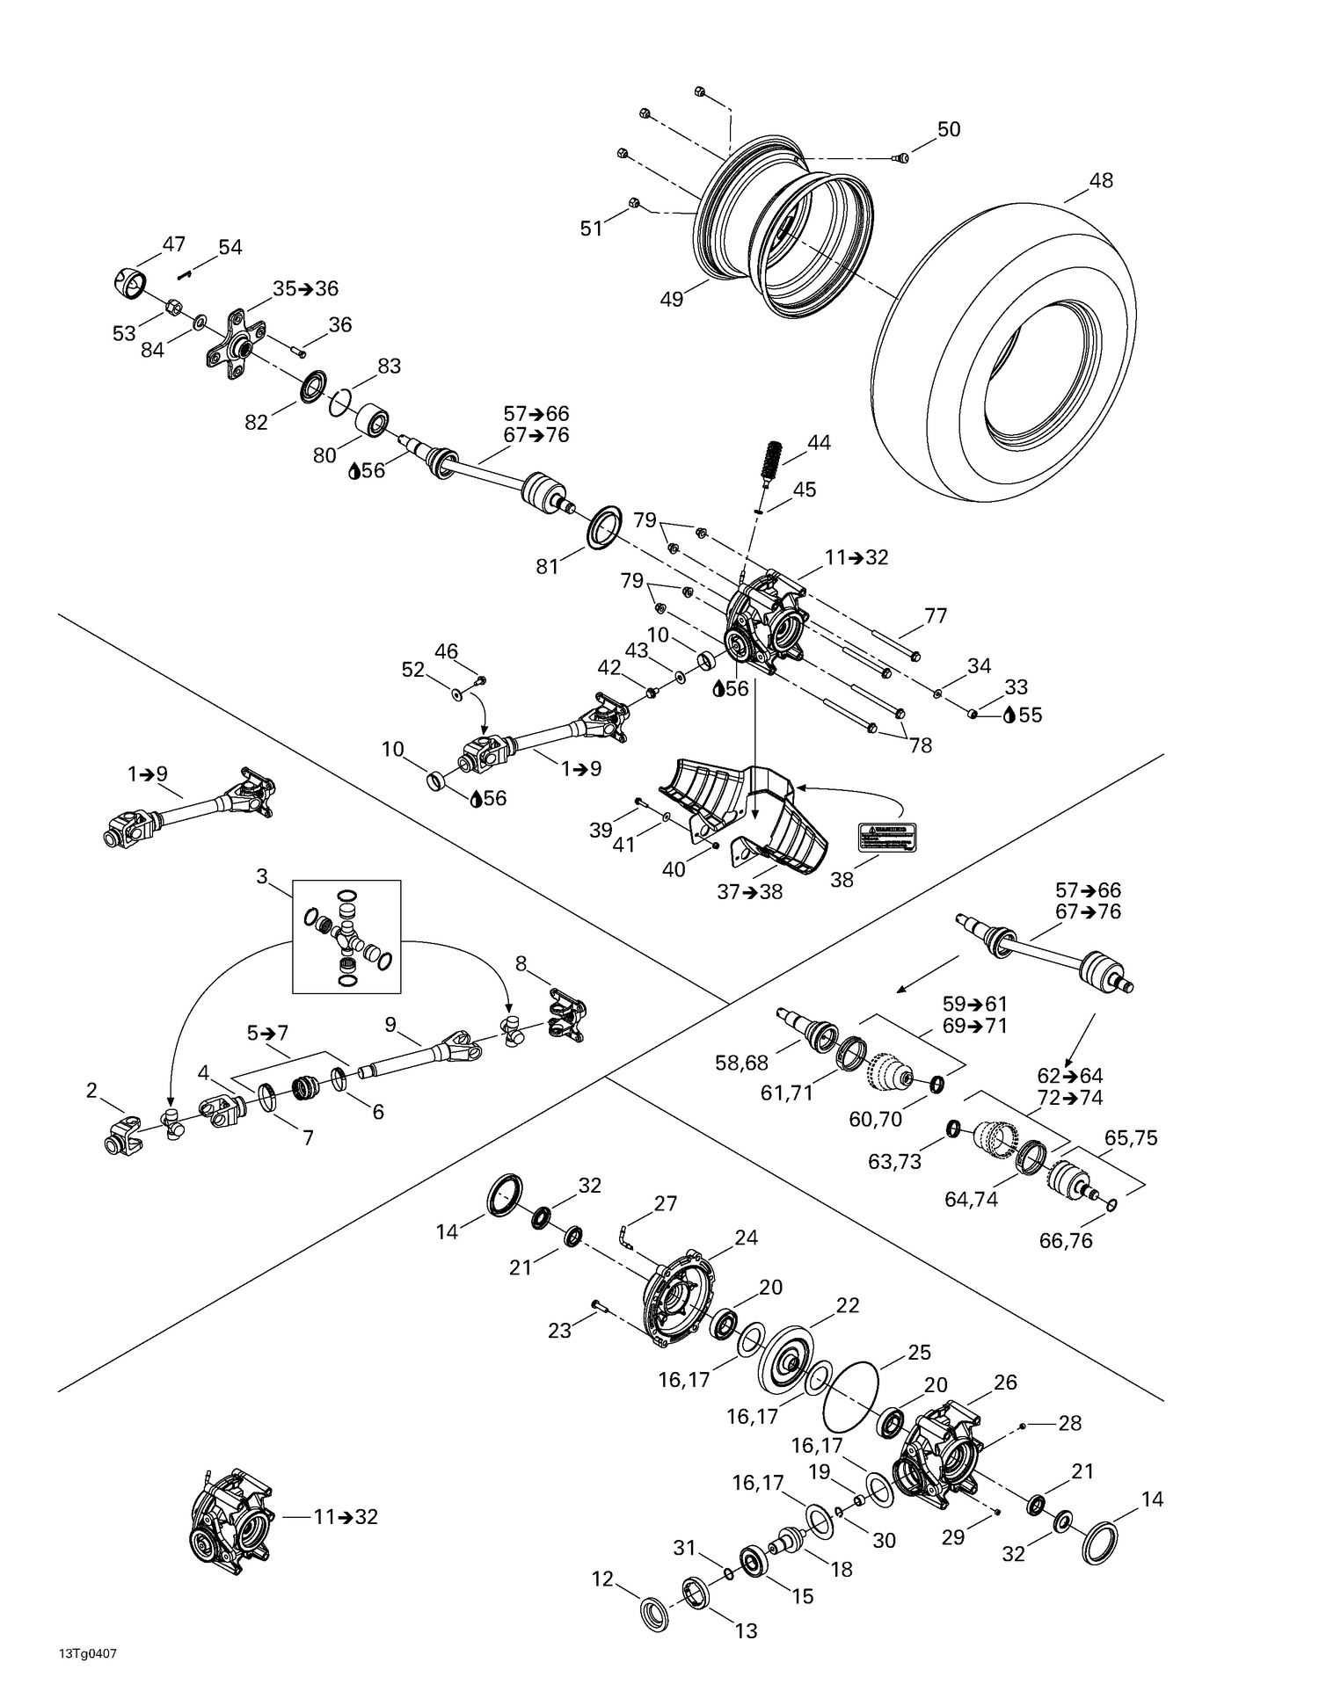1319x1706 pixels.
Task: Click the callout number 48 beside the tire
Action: click(1101, 180)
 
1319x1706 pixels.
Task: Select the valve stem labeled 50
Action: click(899, 158)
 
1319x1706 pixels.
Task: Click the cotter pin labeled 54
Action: click(184, 275)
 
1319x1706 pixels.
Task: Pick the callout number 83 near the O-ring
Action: click(389, 366)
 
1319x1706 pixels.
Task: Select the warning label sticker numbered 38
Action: click(887, 836)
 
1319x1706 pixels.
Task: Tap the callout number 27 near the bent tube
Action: click(666, 1203)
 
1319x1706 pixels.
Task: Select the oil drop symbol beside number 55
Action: click(1009, 715)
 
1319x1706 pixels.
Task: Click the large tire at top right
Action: click(1002, 352)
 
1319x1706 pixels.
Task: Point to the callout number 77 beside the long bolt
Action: click(936, 615)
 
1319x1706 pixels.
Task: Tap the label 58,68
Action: click(743, 1063)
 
